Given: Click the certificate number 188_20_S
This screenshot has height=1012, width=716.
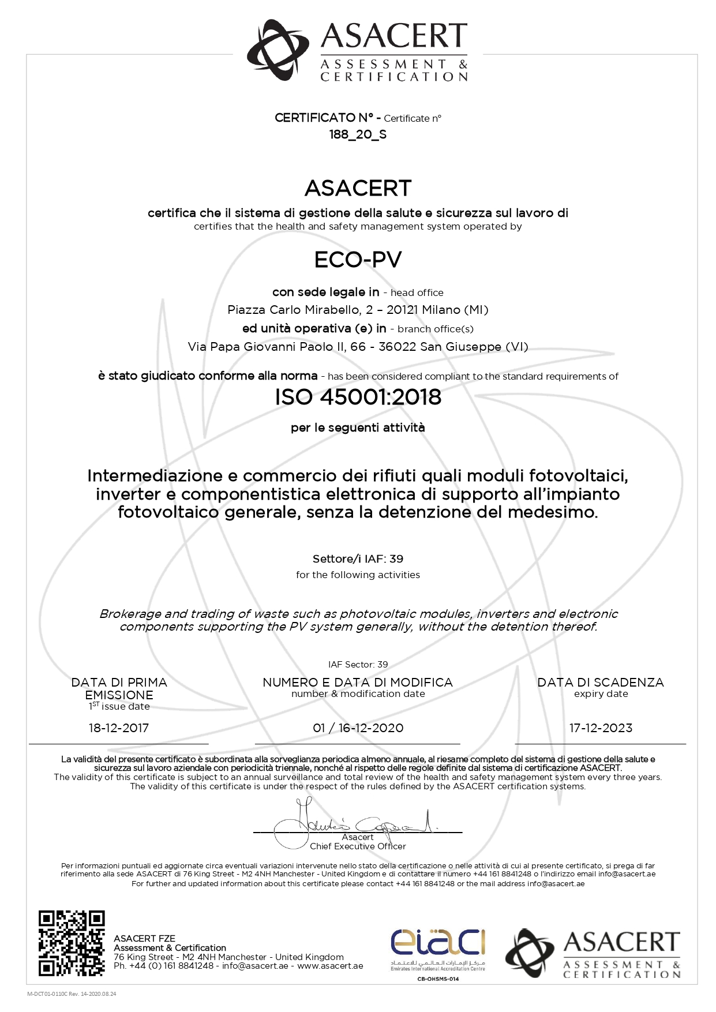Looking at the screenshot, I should coord(358,134).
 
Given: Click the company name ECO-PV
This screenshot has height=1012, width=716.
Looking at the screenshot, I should coord(358,260).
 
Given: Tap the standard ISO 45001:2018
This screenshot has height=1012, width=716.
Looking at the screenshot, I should coord(358,397).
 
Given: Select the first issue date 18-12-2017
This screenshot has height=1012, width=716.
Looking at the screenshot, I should coord(119,728).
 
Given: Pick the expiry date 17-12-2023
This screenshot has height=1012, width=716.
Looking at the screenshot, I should coord(601,728).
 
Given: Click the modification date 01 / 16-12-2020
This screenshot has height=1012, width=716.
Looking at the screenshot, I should coord(358,728).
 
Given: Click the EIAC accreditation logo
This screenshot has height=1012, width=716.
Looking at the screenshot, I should coord(438,946).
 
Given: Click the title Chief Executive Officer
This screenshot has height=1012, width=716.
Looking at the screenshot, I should coord(358,846).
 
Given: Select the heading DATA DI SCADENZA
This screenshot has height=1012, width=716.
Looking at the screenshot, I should coord(601,683).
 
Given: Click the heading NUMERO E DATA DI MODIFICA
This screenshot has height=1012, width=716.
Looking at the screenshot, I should coord(358,683).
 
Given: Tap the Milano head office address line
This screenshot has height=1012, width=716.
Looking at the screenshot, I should coord(358,310).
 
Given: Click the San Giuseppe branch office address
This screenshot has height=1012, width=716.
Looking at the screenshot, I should coord(358,347).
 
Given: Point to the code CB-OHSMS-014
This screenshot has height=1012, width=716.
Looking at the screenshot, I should coord(438,979).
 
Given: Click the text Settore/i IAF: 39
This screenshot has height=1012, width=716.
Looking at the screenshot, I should coord(358,559).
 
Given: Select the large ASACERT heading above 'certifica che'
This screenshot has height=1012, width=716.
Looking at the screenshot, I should coord(358,188).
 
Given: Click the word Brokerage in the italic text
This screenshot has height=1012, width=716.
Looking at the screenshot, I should coord(128,614).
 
